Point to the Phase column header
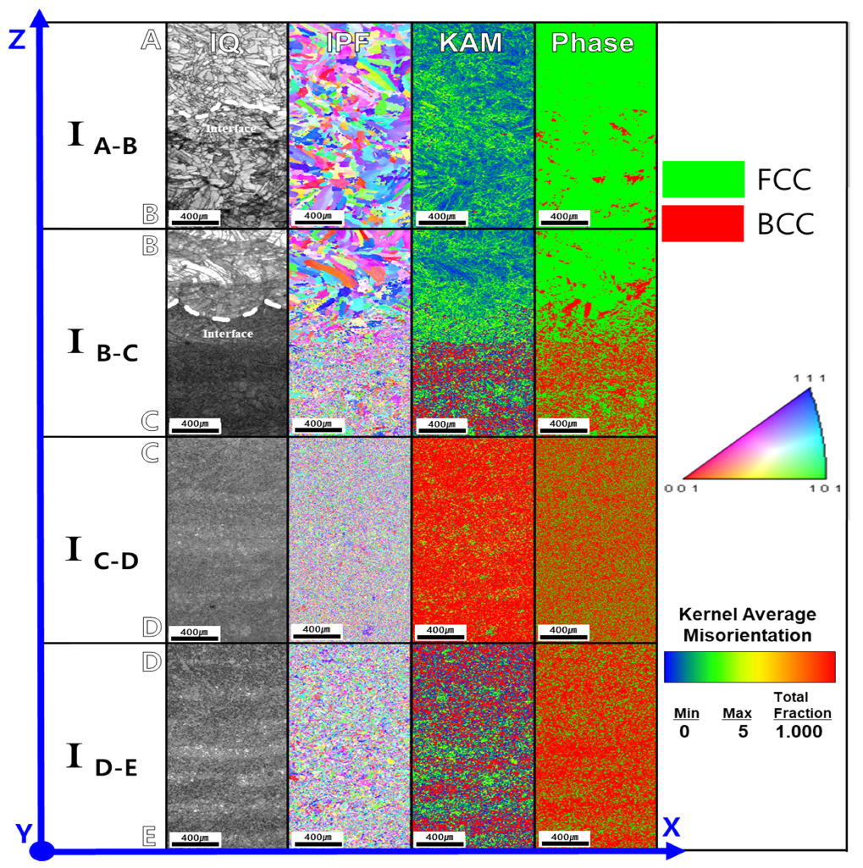pyautogui.click(x=593, y=42)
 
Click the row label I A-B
pyautogui.click(x=102, y=140)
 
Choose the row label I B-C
pyautogui.click(x=102, y=347)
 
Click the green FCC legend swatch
pyautogui.click(x=703, y=179)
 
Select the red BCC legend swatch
pyautogui.click(x=703, y=223)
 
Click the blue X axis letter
pyautogui.click(x=672, y=827)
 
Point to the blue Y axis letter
pyautogui.click(x=23, y=834)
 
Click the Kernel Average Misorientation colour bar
pyautogui.click(x=750, y=666)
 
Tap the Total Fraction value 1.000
pyautogui.click(x=799, y=732)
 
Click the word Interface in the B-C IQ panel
pyautogui.click(x=227, y=334)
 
